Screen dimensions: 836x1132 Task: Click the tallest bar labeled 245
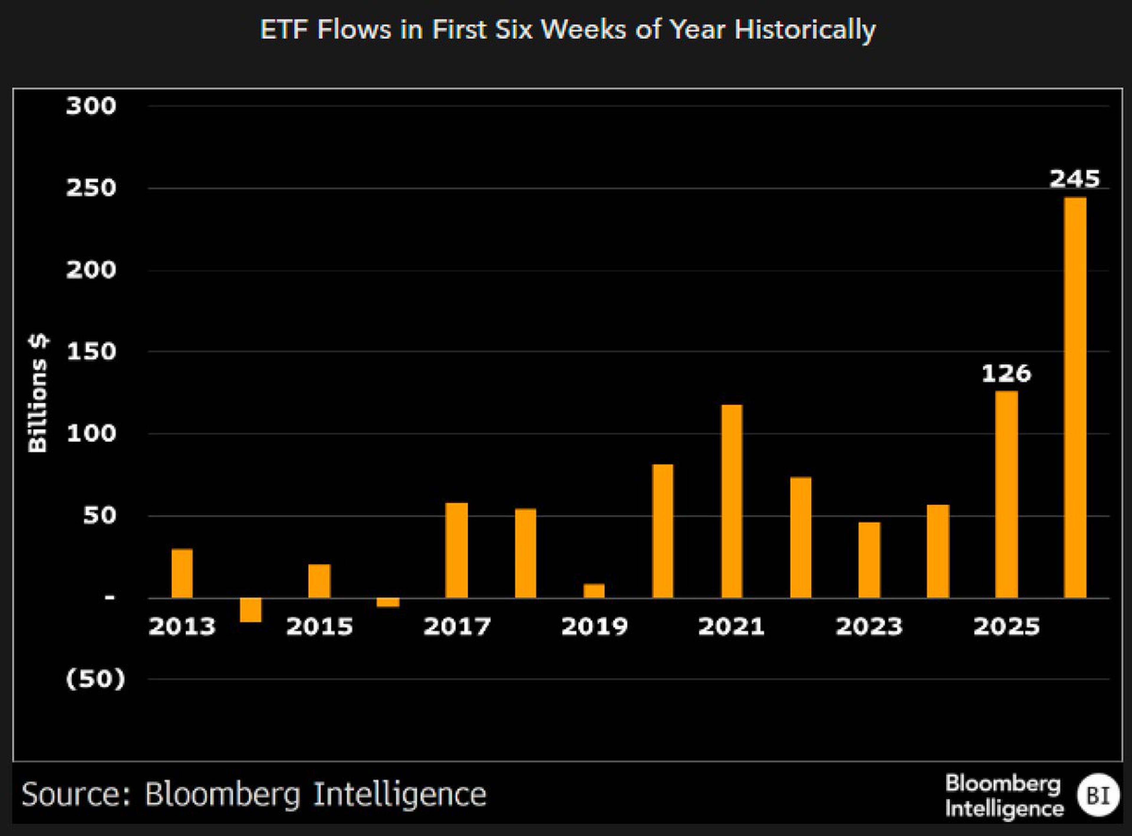click(x=1075, y=397)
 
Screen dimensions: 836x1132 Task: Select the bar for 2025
click(x=1006, y=495)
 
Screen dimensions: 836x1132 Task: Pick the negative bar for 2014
click(x=251, y=610)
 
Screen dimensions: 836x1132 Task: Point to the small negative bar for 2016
click(x=388, y=602)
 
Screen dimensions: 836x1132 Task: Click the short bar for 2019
click(x=594, y=591)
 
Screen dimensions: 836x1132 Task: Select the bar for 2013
click(x=182, y=573)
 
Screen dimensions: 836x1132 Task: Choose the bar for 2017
click(x=457, y=550)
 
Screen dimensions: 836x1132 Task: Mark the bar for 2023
click(x=869, y=560)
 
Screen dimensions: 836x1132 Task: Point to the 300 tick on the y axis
click(x=91, y=106)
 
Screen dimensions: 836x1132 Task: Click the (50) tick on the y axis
click(x=95, y=679)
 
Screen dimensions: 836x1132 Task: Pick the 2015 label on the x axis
click(x=319, y=627)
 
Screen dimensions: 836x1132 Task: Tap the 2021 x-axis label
click(x=731, y=627)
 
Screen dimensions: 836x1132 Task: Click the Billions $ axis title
click(x=38, y=393)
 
